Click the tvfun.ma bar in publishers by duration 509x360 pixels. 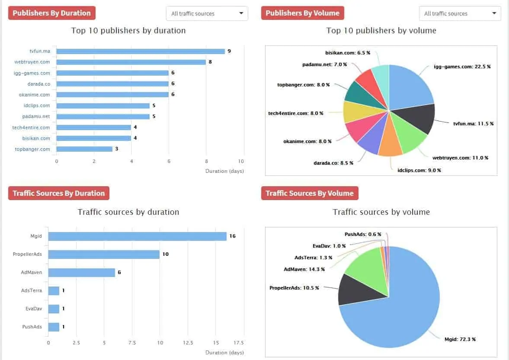141,51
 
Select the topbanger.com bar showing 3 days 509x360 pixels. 84,149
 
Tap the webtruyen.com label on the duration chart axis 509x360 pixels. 32,62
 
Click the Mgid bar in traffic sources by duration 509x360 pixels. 137,236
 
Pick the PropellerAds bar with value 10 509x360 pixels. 104,255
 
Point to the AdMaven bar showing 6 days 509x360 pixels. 81,273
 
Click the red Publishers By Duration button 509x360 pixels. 51,13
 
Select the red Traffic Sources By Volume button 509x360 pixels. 310,193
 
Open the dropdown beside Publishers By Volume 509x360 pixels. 460,13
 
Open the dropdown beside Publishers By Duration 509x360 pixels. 207,13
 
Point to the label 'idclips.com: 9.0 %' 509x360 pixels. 419,170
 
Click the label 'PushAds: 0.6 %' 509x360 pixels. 363,234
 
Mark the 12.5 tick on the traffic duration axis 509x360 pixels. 188,342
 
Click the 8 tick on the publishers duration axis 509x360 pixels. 206,161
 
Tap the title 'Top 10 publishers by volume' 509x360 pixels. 381,31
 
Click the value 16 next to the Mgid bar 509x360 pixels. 233,236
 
